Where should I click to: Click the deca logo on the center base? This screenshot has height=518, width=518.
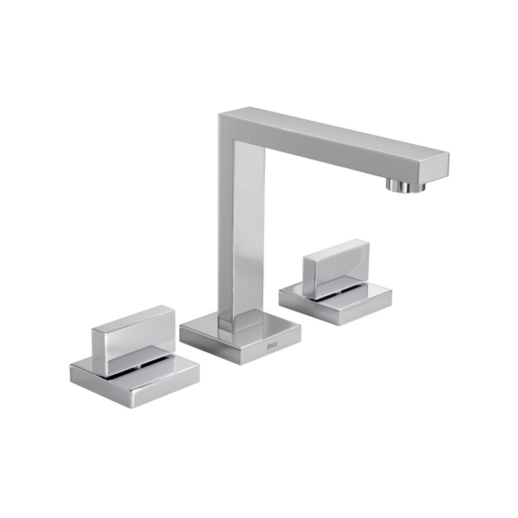[x=272, y=346]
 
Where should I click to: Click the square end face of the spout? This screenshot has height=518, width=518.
[x=434, y=168]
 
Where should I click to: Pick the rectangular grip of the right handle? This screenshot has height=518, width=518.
[x=336, y=268]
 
